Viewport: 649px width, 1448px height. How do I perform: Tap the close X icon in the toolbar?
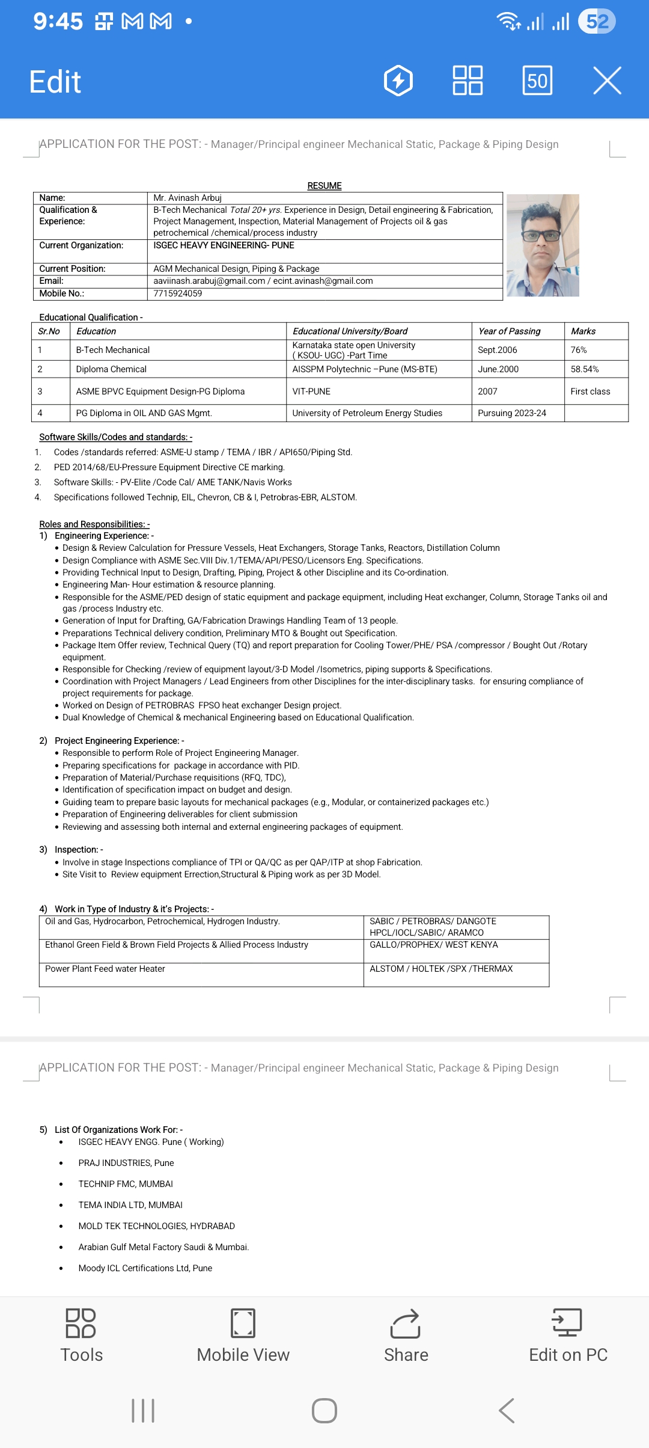pyautogui.click(x=607, y=81)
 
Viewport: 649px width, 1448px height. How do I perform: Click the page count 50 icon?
pyautogui.click(x=537, y=81)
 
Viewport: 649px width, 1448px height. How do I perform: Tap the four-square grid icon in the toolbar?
pyautogui.click(x=468, y=81)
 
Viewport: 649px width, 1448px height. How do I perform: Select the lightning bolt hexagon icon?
pyautogui.click(x=398, y=81)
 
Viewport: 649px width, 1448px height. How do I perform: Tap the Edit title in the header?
pyautogui.click(x=55, y=82)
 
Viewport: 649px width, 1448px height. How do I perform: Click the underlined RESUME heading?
pyautogui.click(x=324, y=186)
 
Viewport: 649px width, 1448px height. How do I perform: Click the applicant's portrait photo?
pyautogui.click(x=543, y=245)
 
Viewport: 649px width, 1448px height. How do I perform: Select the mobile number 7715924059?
pyautogui.click(x=178, y=293)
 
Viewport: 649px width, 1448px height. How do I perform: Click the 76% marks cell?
pyautogui.click(x=579, y=350)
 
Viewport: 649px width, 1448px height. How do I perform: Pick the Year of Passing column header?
pyautogui.click(x=510, y=331)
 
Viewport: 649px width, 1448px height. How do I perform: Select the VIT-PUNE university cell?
pyautogui.click(x=311, y=391)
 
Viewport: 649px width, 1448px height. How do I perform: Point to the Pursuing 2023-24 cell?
pyautogui.click(x=512, y=413)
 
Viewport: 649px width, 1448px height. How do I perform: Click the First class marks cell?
pyautogui.click(x=590, y=391)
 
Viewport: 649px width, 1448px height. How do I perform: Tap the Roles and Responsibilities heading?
pyautogui.click(x=94, y=524)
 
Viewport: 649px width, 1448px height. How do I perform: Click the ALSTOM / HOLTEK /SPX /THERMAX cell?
pyautogui.click(x=441, y=969)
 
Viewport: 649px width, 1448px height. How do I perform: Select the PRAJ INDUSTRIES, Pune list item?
pyautogui.click(x=126, y=1163)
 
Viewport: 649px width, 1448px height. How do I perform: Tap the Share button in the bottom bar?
pyautogui.click(x=406, y=1336)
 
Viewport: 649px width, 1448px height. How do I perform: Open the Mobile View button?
pyautogui.click(x=243, y=1336)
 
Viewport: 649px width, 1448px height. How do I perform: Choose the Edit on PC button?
pyautogui.click(x=568, y=1336)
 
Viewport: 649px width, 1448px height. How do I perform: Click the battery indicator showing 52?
pyautogui.click(x=597, y=22)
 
